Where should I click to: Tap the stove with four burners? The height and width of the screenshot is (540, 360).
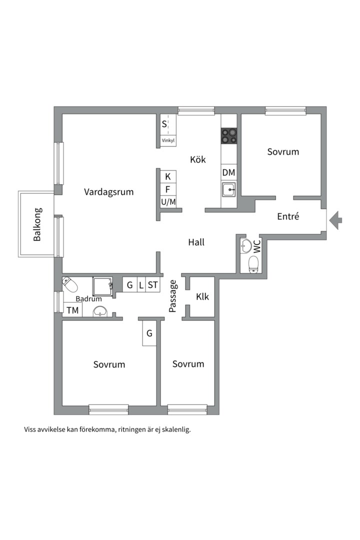228,135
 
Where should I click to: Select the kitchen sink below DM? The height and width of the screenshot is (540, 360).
229,189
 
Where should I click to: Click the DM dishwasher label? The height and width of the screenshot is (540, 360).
228,172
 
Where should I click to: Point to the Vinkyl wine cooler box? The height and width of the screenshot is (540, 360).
168,140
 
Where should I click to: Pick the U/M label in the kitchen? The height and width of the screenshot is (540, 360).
168,202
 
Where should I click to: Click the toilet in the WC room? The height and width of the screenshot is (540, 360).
253,265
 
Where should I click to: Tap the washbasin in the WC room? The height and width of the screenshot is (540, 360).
245,246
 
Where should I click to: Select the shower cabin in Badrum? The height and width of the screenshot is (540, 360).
102,286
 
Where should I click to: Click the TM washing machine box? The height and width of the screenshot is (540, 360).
72,310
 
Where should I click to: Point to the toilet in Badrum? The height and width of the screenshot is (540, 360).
69,284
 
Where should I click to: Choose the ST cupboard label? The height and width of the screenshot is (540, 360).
152,285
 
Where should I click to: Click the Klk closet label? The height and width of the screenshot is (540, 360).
202,296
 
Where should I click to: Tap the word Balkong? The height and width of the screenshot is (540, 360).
37,224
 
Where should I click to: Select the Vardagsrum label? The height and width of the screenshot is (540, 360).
109,192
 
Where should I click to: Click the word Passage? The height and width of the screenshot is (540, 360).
172,296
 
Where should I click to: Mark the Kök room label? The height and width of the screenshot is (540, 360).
198,159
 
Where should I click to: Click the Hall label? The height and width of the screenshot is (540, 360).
196,242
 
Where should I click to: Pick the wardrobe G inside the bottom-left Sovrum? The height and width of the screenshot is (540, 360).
149,333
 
